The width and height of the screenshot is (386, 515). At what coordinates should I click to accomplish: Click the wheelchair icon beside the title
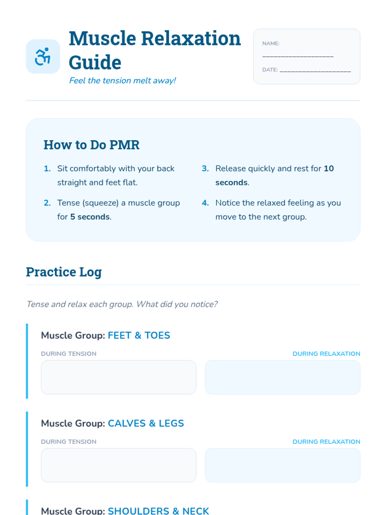tap(43, 56)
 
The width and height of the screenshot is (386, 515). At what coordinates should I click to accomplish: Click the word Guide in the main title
tap(95, 62)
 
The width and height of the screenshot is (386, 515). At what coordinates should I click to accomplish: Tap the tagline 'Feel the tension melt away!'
tap(122, 80)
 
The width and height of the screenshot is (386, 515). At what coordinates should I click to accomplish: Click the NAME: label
tap(271, 43)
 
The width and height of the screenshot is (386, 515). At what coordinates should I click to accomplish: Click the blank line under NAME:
tap(298, 57)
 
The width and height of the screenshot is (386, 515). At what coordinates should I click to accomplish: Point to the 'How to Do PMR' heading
tap(91, 145)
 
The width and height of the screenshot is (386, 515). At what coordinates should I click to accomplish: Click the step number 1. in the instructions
tap(47, 168)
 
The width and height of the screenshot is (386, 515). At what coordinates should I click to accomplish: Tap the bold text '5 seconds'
tap(90, 217)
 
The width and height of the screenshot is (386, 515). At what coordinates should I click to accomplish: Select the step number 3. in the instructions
tap(205, 168)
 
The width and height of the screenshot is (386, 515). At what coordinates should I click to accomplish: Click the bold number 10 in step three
tap(328, 168)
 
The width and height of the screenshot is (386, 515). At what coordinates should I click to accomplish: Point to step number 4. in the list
tap(205, 203)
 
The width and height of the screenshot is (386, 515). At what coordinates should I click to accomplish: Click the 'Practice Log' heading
tap(64, 272)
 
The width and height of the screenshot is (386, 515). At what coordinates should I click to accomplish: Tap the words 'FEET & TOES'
tap(139, 335)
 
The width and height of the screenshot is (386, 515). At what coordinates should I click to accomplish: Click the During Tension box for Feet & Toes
tap(119, 377)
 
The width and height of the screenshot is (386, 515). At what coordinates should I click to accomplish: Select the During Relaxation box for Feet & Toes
tap(283, 377)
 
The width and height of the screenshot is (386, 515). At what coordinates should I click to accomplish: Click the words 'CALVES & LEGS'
tap(146, 423)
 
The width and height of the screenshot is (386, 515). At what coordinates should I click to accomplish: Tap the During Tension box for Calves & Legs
tap(119, 465)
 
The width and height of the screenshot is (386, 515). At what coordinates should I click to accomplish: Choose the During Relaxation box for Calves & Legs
tap(283, 465)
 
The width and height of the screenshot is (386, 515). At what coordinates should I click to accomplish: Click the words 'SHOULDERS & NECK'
tap(158, 511)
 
